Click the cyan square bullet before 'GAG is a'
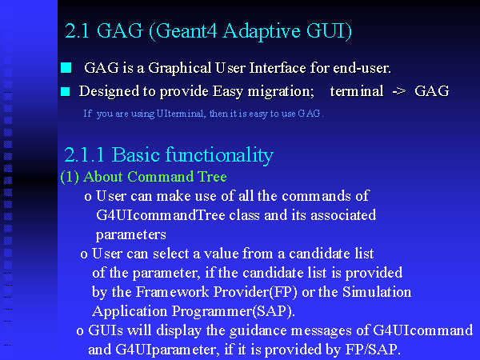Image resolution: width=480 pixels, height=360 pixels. pos(66,68)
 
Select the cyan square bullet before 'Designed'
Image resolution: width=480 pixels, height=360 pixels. pos(66,91)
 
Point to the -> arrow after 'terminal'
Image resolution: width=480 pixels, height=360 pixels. pos(399,91)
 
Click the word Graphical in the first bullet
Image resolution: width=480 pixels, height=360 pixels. pos(180,68)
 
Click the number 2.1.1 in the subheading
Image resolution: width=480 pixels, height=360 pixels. pos(84,154)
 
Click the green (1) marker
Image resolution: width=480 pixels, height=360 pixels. pos(70,177)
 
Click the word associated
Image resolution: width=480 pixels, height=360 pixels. pos(343,215)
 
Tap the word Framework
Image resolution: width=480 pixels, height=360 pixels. pos(172,292)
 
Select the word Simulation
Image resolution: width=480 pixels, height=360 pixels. pos(377,292)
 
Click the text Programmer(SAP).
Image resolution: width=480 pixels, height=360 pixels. pos(234,311)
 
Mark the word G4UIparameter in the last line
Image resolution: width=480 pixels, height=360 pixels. pos(167,350)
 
